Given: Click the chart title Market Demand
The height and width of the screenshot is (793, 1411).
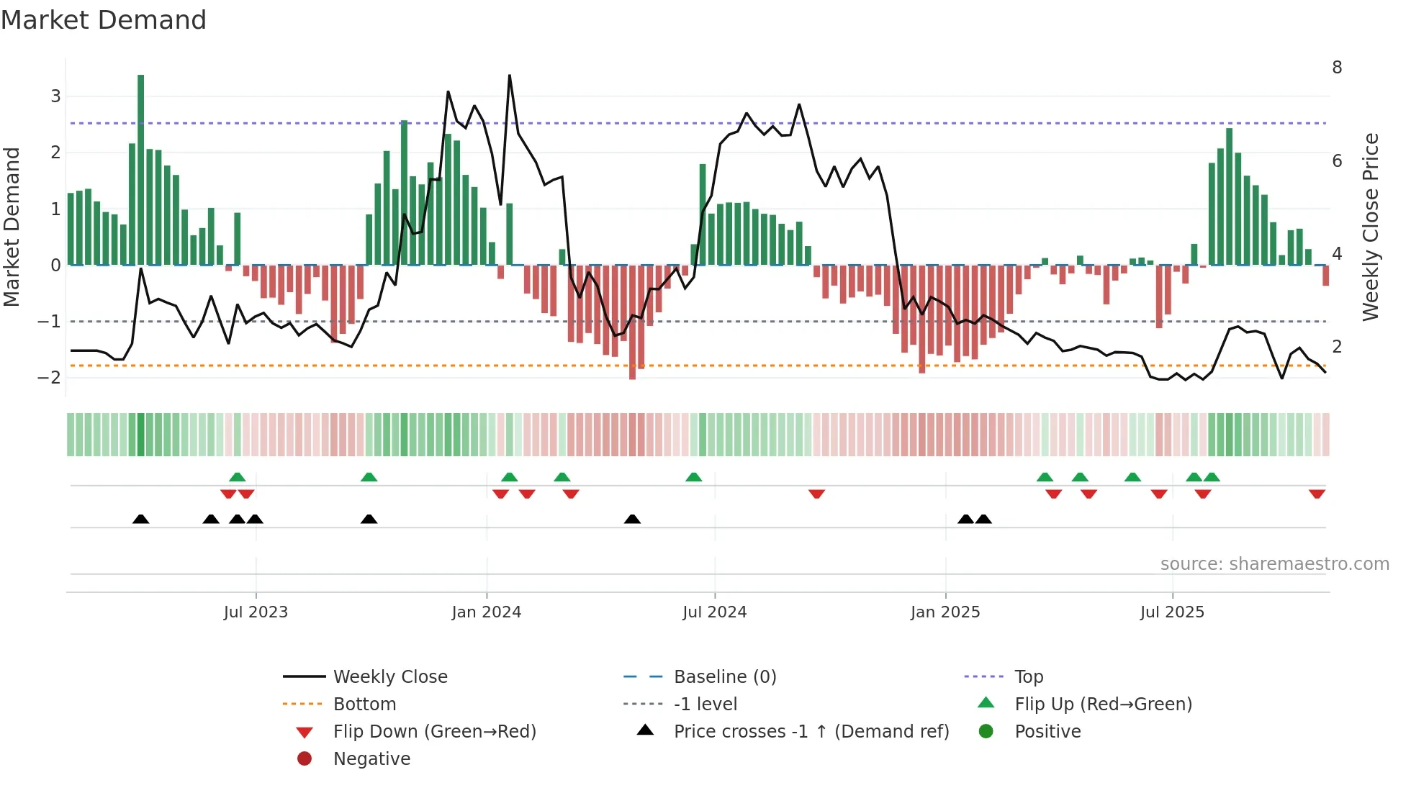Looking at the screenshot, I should pos(104,20).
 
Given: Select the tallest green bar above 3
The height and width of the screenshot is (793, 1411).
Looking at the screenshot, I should pos(140,169).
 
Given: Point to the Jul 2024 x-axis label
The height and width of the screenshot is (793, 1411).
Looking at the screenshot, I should pos(714,612).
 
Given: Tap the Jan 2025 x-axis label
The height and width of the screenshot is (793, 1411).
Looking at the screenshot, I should pos(945,612).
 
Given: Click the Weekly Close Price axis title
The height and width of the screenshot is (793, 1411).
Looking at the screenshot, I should pos(1371,227).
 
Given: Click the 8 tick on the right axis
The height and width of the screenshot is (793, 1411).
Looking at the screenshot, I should pos(1337,68).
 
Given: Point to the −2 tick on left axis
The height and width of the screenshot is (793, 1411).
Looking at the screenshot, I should pos(49,378).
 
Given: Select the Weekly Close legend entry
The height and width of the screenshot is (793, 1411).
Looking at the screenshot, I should pos(389,677).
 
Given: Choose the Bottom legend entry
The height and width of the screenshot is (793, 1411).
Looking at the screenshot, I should pos(364,704).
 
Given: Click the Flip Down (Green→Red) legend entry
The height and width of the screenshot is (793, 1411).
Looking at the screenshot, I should pos(434,732).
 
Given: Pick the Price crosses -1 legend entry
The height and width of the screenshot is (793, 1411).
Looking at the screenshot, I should pos(811,732).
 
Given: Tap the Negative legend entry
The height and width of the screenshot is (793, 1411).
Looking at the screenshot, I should pos(371,759).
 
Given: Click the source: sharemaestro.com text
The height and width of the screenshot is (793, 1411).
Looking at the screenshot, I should pos(1274,564).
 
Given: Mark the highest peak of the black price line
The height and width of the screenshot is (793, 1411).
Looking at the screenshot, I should pos(510,76).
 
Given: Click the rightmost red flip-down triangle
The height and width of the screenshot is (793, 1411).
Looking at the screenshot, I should pos(1317,494).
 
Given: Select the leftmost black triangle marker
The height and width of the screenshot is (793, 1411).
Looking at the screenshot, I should pos(141,520).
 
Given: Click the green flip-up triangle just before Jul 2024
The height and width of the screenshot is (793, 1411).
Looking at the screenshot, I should pos(693,477).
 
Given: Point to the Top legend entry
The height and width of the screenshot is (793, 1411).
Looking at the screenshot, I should pos(1028,677).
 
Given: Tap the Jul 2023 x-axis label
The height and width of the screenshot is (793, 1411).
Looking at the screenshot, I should pos(256,612).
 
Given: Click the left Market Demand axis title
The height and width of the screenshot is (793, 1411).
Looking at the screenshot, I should pos(12,227).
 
